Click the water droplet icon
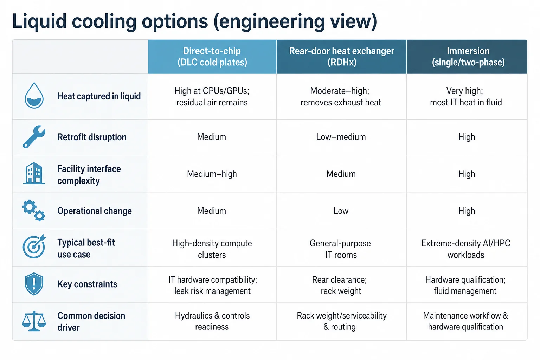pyautogui.click(x=34, y=96)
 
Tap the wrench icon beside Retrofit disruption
pyautogui.click(x=34, y=136)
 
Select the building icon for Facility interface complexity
pyautogui.click(x=34, y=173)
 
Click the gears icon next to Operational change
pyautogui.click(x=33, y=210)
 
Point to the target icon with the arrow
pyautogui.click(x=34, y=246)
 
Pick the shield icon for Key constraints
pyautogui.click(x=34, y=284)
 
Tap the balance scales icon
pyautogui.click(x=34, y=321)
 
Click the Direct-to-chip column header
pyautogui.click(x=212, y=57)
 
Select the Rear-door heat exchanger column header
pyautogui.click(x=342, y=57)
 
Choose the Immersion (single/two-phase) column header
pyautogui.click(x=467, y=57)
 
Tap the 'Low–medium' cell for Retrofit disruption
pyautogui.click(x=341, y=137)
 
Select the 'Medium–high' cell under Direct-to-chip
pyautogui.click(x=212, y=174)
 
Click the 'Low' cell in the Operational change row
pyautogui.click(x=341, y=211)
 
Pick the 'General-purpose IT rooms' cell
pyautogui.click(x=340, y=249)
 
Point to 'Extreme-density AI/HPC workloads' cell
pyautogui.click(x=466, y=249)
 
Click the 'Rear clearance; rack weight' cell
pyautogui.click(x=340, y=285)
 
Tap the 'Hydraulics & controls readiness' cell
pyautogui.click(x=212, y=321)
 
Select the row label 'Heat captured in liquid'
pyautogui.click(x=99, y=96)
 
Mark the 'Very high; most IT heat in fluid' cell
pyautogui.click(x=466, y=96)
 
